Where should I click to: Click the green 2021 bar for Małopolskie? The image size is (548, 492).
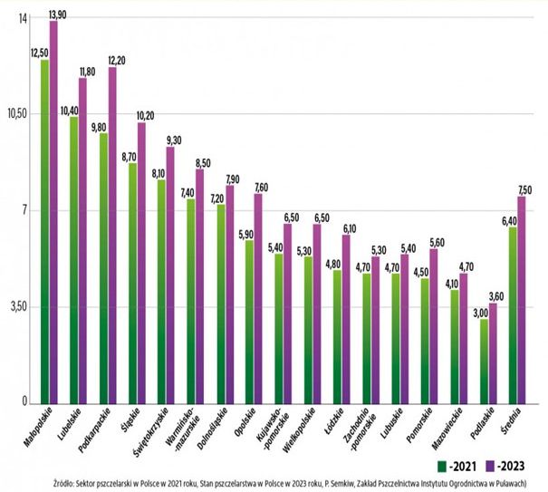pyautogui.click(x=44, y=231)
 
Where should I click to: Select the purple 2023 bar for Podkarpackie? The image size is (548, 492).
pyautogui.click(x=112, y=236)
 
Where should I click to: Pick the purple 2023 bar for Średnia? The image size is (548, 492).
pyautogui.click(x=522, y=299)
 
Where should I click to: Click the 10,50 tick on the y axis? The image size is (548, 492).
pyautogui.click(x=18, y=113)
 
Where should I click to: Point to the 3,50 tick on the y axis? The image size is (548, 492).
pyautogui.click(x=19, y=307)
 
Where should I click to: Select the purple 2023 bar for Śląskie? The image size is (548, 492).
pyautogui.click(x=141, y=263)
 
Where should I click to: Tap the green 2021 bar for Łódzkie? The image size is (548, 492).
pyautogui.click(x=337, y=336)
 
